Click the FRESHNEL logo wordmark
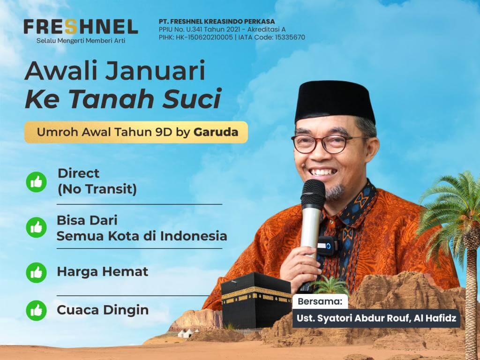81,27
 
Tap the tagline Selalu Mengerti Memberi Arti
81,41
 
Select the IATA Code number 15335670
290,37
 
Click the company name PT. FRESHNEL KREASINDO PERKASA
217,22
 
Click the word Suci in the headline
192,98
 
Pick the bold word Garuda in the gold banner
216,132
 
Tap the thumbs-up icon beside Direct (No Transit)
37,182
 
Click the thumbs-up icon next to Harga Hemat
37,272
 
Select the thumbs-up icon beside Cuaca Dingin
37,310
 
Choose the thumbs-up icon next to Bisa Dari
37,227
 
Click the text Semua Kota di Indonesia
142,236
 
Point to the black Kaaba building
256,300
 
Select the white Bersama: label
320,301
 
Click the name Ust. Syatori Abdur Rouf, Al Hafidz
376,318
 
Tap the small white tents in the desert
186,333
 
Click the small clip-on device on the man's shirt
327,246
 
